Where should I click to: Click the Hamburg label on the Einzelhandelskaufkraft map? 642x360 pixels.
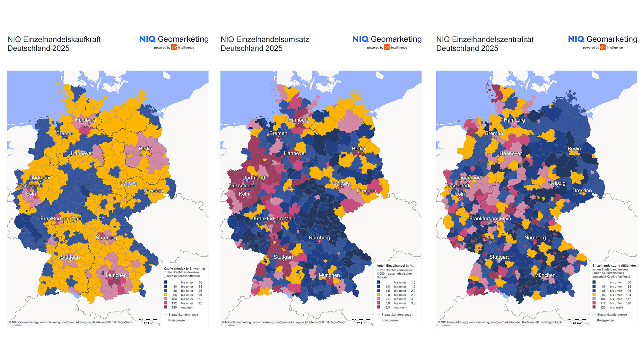[x=85, y=120]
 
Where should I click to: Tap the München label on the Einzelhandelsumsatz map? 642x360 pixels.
[x=329, y=275]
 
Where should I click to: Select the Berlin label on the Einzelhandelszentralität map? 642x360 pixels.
[x=574, y=149]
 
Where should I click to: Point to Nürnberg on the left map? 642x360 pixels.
[x=106, y=238]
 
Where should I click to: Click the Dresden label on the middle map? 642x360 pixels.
[x=366, y=191]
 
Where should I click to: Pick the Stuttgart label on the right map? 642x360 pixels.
[x=499, y=257]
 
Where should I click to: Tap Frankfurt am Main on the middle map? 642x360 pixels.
[x=274, y=219]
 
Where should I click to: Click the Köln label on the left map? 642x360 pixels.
[x=31, y=194]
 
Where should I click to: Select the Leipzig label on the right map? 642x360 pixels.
[x=557, y=183]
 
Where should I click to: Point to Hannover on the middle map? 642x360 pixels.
[x=295, y=153]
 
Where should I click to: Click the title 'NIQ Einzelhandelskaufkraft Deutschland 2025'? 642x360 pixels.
[x=54, y=44]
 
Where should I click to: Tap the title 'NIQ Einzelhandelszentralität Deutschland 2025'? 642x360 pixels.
[x=485, y=44]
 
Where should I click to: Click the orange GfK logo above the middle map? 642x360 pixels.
[x=387, y=47]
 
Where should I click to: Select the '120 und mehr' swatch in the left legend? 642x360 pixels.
[x=165, y=307]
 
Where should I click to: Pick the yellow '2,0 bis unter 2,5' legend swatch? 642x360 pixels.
[x=378, y=295]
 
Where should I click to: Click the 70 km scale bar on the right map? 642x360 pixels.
[x=577, y=320]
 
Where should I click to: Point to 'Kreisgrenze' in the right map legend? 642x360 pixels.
[x=605, y=320]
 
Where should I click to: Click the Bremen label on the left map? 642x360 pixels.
[x=65, y=133]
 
